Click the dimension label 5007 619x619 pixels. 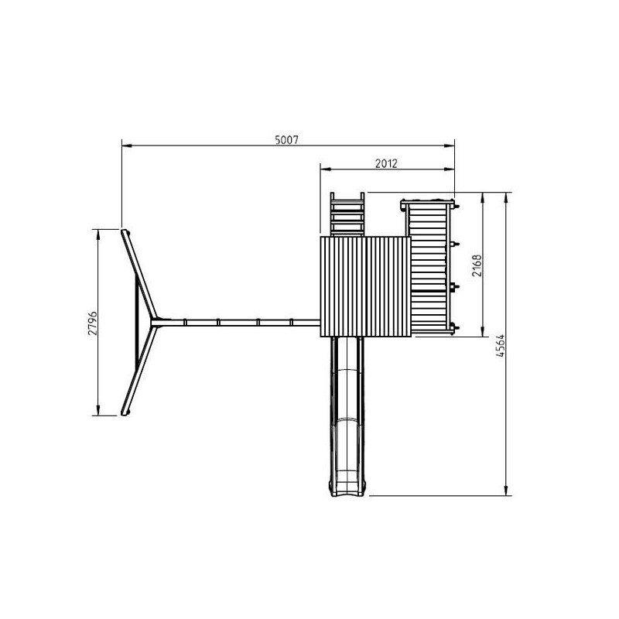[287, 140]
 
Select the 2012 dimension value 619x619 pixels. [386, 163]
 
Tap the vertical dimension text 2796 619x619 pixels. [92, 323]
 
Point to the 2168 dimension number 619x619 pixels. [477, 265]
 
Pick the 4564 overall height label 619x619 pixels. [501, 345]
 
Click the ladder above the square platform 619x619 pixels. [347, 214]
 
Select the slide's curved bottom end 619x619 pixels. [347, 489]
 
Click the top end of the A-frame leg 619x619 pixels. [125, 232]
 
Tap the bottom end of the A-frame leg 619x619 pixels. [126, 412]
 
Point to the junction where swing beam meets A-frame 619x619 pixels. [155, 322]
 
